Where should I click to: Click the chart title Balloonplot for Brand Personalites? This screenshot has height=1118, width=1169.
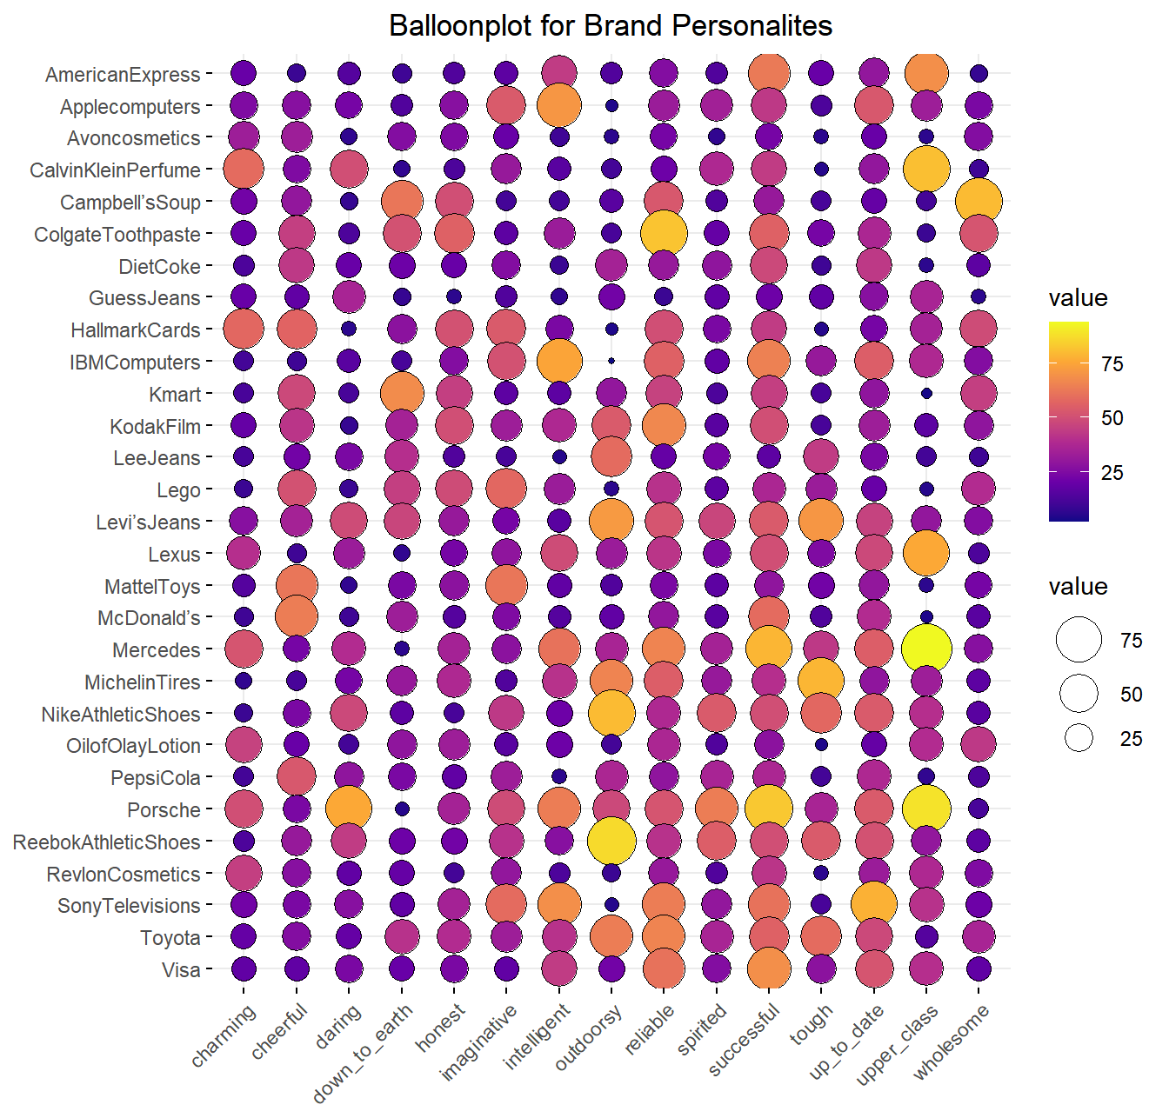coord(611,26)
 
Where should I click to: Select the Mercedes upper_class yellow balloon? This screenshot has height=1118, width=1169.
coord(926,649)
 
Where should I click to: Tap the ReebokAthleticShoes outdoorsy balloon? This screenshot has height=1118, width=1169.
coord(611,841)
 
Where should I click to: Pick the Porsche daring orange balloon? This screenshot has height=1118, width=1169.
coord(348,809)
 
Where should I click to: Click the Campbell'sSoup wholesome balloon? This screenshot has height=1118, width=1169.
coord(979,201)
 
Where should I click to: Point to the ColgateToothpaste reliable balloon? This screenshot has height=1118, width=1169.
coord(664,233)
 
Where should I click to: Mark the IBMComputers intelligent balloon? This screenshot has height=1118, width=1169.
coord(559,361)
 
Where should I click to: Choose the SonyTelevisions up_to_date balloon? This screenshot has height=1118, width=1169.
coord(874,904)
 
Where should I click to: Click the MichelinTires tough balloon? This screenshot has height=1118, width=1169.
coord(821,681)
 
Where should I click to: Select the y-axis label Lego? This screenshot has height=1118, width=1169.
coord(178,490)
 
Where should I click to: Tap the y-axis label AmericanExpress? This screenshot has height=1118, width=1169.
coord(123,75)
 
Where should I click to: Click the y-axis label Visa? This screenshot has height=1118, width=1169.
coord(181,969)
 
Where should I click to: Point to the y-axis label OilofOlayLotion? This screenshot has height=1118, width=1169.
coord(133,746)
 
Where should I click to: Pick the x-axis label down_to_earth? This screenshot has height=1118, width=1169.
coord(364,1052)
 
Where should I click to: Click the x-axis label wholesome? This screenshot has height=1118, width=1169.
coord(952,1041)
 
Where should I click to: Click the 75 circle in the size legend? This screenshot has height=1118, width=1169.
coord(1079,640)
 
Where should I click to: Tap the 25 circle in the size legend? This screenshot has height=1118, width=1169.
coord(1079,738)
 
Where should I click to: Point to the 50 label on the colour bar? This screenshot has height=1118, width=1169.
coord(1112,418)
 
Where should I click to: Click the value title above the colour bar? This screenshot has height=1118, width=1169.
coord(1078,298)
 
